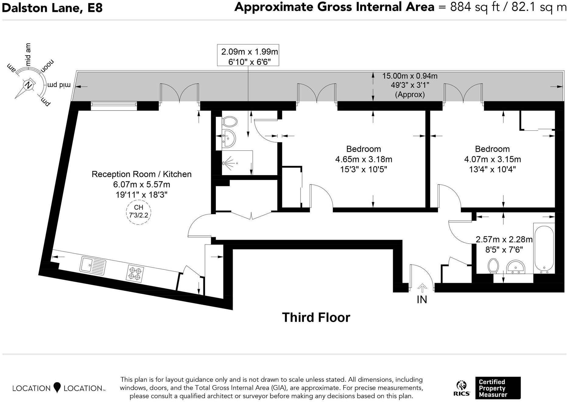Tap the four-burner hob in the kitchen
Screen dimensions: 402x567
(135, 273)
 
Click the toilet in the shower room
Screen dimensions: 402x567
(230, 122)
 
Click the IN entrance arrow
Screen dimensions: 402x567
(422, 288)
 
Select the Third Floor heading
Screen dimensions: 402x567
(316, 317)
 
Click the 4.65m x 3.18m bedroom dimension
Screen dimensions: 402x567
(364, 159)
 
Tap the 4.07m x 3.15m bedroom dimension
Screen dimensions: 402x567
(492, 159)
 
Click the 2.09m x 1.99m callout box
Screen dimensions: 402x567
(248, 55)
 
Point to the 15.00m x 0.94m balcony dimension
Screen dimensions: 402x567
(410, 76)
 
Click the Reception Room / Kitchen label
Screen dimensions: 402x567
(142, 174)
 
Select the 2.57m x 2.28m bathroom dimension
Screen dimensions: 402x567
(504, 240)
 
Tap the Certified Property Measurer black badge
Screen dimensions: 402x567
(498, 388)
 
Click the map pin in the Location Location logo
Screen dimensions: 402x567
(57, 387)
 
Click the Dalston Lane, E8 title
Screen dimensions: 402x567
(52, 8)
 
